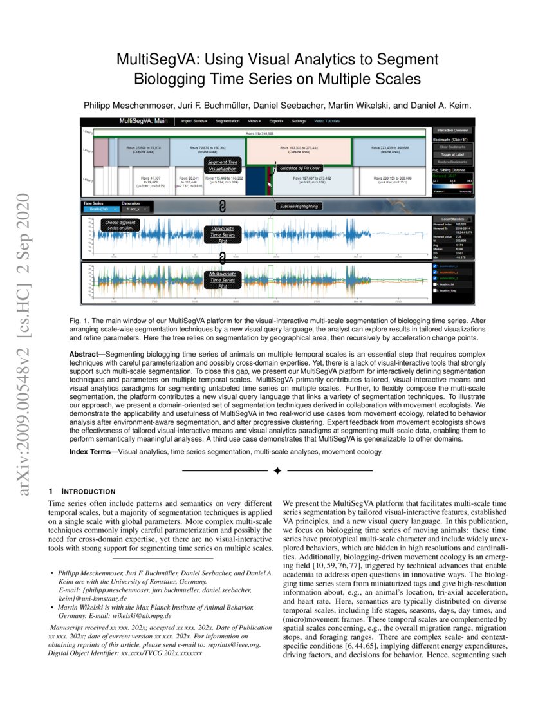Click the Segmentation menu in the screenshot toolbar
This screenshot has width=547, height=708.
point(227,121)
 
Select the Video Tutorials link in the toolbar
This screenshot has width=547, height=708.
point(328,121)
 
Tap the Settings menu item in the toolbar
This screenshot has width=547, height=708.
point(299,121)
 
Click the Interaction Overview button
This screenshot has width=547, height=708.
point(452,130)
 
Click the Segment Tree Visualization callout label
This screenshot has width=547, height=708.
point(222,165)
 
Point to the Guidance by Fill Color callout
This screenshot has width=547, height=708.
point(299,168)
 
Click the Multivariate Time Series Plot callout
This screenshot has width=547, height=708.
point(222,281)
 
